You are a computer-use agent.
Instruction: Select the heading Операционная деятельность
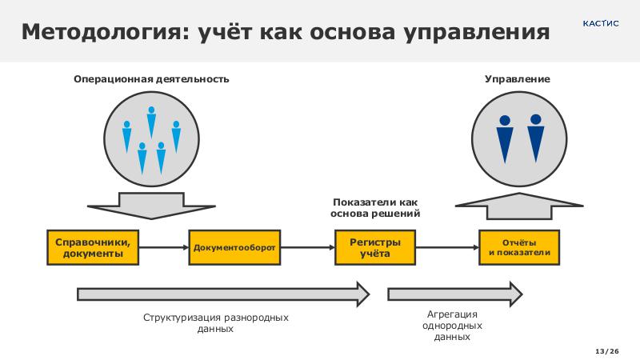click(x=151, y=79)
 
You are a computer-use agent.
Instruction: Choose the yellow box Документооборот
click(x=234, y=247)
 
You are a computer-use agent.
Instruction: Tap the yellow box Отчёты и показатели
click(x=519, y=247)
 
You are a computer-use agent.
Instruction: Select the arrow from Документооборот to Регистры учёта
click(x=306, y=247)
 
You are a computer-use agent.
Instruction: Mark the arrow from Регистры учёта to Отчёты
click(x=447, y=247)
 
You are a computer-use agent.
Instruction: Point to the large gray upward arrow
click(x=519, y=205)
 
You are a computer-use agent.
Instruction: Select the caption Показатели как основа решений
click(x=375, y=209)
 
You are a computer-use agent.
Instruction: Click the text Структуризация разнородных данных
click(x=215, y=323)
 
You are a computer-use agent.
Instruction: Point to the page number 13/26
click(x=608, y=351)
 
